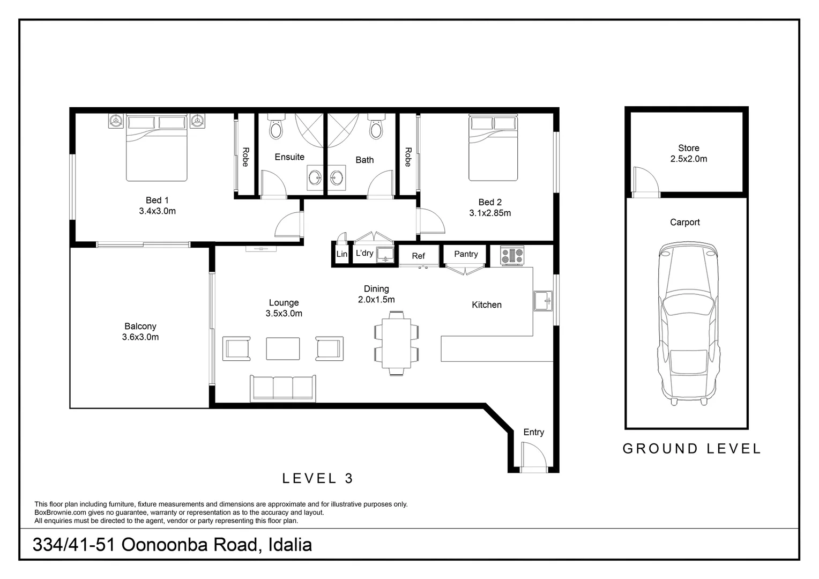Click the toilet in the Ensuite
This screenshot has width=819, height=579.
coord(276,126)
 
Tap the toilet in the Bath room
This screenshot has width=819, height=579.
coord(376,126)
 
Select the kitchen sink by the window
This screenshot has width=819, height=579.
coord(543,301)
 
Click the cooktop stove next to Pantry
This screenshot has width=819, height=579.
coord(512,255)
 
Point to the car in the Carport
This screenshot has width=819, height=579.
coord(688,323)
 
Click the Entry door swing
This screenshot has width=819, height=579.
coord(533,455)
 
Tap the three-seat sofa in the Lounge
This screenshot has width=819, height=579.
coord(282,388)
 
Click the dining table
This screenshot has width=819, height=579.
coord(396,344)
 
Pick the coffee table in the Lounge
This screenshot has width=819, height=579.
coord(282,348)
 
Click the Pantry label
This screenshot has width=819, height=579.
coord(466,254)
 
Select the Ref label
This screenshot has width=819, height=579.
coord(418,256)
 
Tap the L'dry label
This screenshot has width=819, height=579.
coord(364,253)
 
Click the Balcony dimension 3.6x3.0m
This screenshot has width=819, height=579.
coord(140,337)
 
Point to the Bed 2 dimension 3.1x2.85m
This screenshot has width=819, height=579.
coord(490,213)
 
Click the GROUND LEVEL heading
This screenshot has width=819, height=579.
coord(691,449)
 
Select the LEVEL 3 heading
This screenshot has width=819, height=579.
coord(317,478)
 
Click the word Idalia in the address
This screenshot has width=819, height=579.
coord(290,545)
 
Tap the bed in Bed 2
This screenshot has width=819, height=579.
coord(493,147)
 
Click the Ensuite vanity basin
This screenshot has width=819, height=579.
coord(315,178)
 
